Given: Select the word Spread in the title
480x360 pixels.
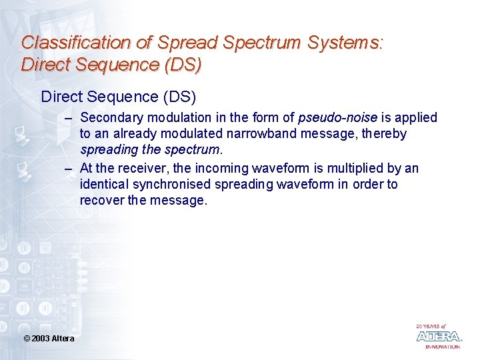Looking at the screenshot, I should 188,43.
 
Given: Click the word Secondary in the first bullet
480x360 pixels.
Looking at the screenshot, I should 109,118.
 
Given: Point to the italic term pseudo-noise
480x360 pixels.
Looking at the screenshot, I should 337,118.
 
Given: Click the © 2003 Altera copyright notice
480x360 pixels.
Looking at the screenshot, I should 49,339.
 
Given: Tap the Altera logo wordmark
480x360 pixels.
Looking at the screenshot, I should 438,337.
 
